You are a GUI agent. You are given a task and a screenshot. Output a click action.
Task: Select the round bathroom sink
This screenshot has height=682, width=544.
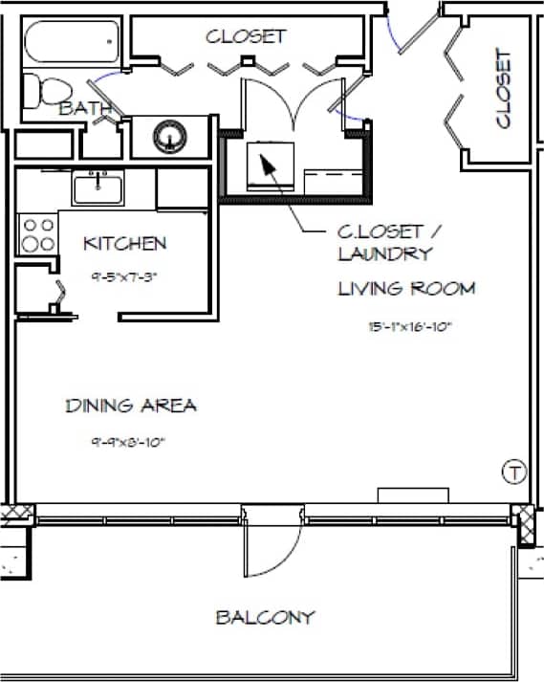click(170, 135)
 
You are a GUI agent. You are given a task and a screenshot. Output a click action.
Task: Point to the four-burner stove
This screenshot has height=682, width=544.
click(37, 234)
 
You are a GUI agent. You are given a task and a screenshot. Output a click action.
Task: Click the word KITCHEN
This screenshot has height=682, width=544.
click(125, 244)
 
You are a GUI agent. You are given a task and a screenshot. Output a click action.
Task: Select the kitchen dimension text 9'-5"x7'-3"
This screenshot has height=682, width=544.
click(123, 277)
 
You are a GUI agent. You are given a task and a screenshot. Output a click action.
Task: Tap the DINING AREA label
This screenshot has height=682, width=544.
click(131, 406)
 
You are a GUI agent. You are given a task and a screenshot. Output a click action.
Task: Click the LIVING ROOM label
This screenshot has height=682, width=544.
click(406, 288)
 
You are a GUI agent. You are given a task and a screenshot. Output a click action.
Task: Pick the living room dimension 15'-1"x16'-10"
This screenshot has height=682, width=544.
click(408, 326)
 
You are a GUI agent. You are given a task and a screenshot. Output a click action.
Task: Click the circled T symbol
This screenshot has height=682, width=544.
click(514, 471)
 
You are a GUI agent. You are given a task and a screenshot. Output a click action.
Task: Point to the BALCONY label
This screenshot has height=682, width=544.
click(265, 617)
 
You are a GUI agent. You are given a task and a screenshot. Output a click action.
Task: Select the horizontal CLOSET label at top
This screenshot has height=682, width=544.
click(246, 36)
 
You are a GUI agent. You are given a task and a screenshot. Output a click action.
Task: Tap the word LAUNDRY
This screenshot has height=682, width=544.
click(384, 253)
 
